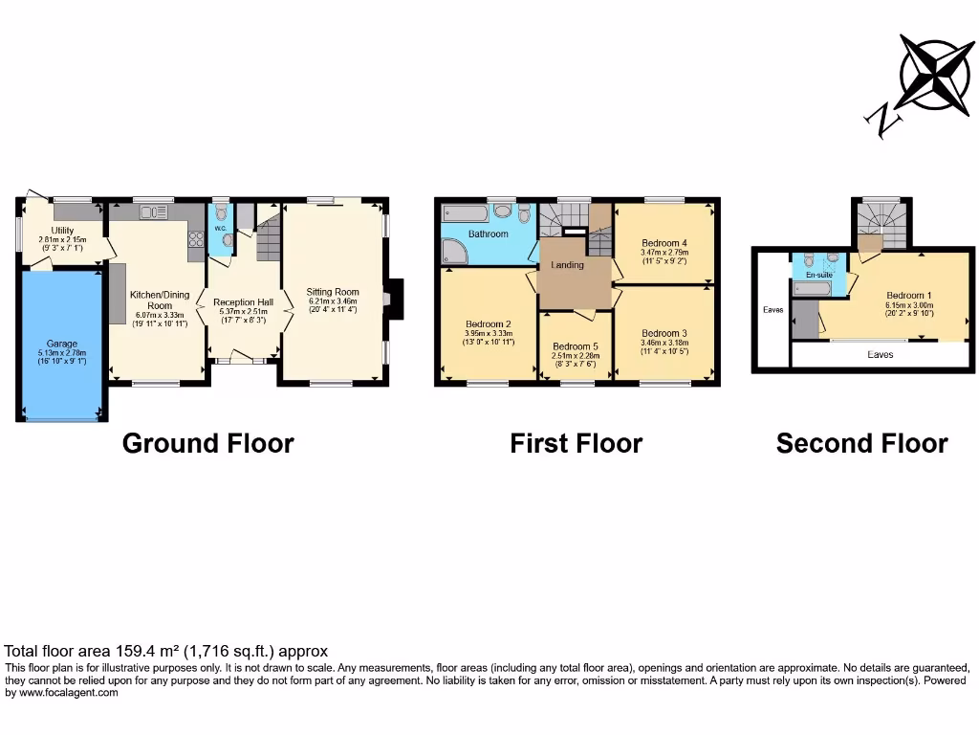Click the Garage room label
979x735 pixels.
click(x=62, y=344)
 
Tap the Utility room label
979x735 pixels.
click(x=63, y=231)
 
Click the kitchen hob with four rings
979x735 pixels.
click(x=197, y=240)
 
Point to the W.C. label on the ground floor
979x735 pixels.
click(x=219, y=229)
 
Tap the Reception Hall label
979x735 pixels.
click(x=243, y=301)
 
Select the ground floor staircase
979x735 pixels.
click(x=267, y=234)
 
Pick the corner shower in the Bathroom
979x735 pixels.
click(x=452, y=252)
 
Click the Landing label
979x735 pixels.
click(x=568, y=265)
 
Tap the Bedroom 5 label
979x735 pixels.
click(x=576, y=346)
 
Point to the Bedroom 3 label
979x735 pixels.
click(x=664, y=333)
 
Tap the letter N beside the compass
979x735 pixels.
click(x=881, y=120)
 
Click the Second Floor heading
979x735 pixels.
click(x=861, y=444)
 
